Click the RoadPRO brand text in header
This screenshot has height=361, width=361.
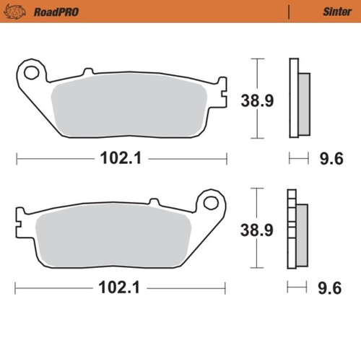[x=56, y=12]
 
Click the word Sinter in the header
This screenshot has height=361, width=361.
[x=331, y=12]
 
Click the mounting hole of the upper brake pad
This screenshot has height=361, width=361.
[x=30, y=72]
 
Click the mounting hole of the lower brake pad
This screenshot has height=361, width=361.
[x=211, y=203]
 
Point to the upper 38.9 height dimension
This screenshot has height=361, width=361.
[x=256, y=102]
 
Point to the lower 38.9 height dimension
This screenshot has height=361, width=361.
[x=256, y=230]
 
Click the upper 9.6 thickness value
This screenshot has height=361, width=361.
[x=331, y=158]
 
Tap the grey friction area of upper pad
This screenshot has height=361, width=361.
[x=130, y=105]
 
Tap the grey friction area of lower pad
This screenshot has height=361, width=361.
[x=108, y=234]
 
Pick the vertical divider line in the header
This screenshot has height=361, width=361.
[x=288, y=12]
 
